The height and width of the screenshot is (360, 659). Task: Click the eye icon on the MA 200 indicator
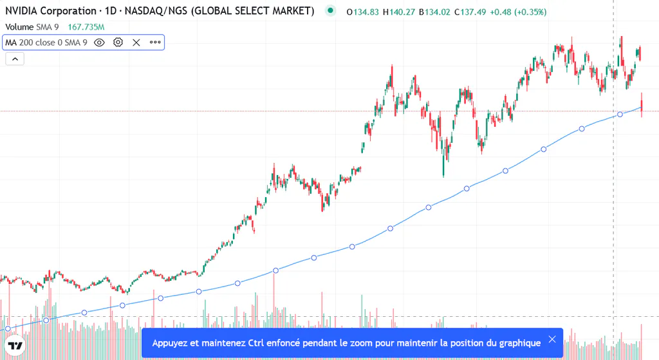99,43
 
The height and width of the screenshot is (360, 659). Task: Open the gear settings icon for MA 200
118,43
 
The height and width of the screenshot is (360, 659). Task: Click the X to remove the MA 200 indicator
136,43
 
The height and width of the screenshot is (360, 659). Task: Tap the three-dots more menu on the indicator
155,42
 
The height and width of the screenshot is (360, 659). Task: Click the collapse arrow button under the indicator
15,59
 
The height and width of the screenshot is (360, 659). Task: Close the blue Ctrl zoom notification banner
552,339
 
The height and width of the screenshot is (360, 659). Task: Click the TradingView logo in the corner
15,346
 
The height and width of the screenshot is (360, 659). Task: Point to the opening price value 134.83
366,12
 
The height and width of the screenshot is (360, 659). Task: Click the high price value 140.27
402,12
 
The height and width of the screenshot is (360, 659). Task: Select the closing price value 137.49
473,12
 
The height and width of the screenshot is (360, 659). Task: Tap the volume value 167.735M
86,27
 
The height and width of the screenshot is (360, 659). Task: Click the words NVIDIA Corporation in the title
51,11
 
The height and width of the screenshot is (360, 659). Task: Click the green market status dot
330,10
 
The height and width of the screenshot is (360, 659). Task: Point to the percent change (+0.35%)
531,12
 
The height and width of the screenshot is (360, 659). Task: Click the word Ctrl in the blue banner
256,343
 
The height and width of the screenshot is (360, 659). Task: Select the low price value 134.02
438,12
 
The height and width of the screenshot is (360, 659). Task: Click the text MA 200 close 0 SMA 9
46,43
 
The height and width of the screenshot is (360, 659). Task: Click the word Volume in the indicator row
19,27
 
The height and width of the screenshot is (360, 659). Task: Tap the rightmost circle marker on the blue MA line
620,115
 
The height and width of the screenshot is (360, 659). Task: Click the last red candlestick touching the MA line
642,104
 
